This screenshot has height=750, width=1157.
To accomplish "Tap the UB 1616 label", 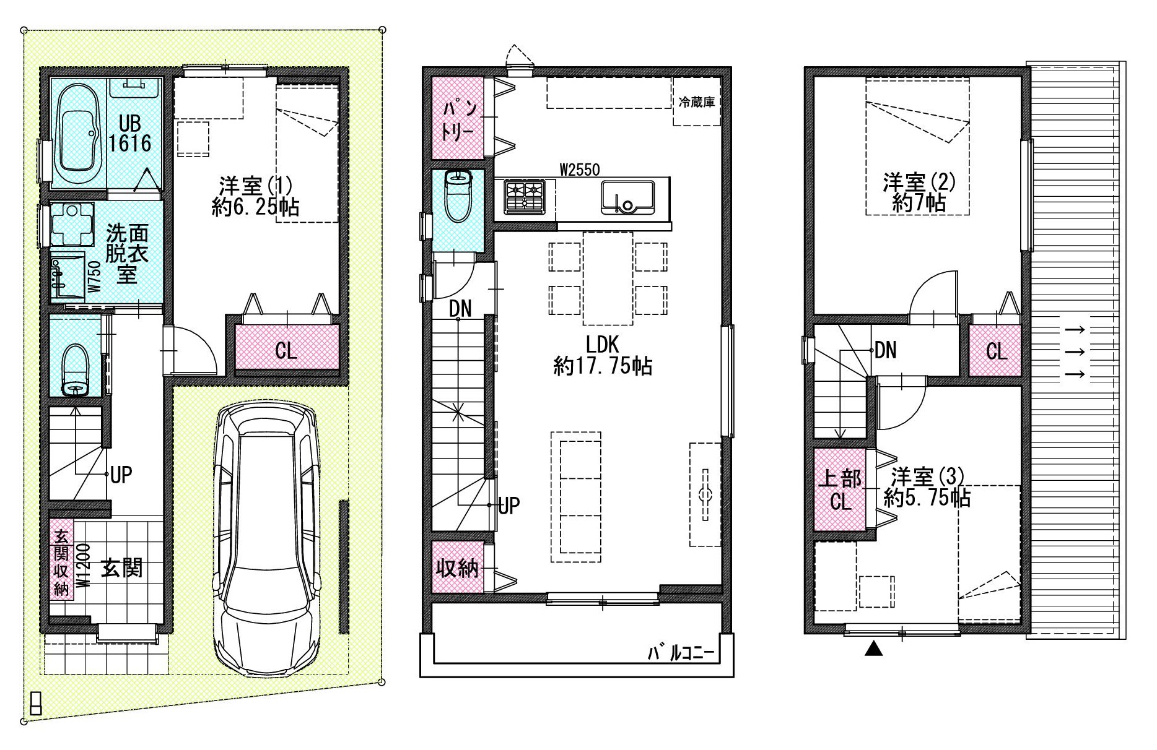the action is pos(131,134).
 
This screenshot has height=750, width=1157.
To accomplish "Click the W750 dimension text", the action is pos(94,277).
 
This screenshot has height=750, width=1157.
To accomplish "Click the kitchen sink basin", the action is pos(627,197).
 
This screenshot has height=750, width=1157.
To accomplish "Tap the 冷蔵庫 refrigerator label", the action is pos(697,102).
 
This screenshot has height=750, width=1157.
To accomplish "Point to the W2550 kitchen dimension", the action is pos(580,169).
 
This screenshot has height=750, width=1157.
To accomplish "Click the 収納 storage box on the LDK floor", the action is pos(458,567).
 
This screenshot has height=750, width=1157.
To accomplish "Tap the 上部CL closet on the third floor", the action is pos(840,489).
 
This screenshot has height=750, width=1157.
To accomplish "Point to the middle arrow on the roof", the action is pos(1075,351).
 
